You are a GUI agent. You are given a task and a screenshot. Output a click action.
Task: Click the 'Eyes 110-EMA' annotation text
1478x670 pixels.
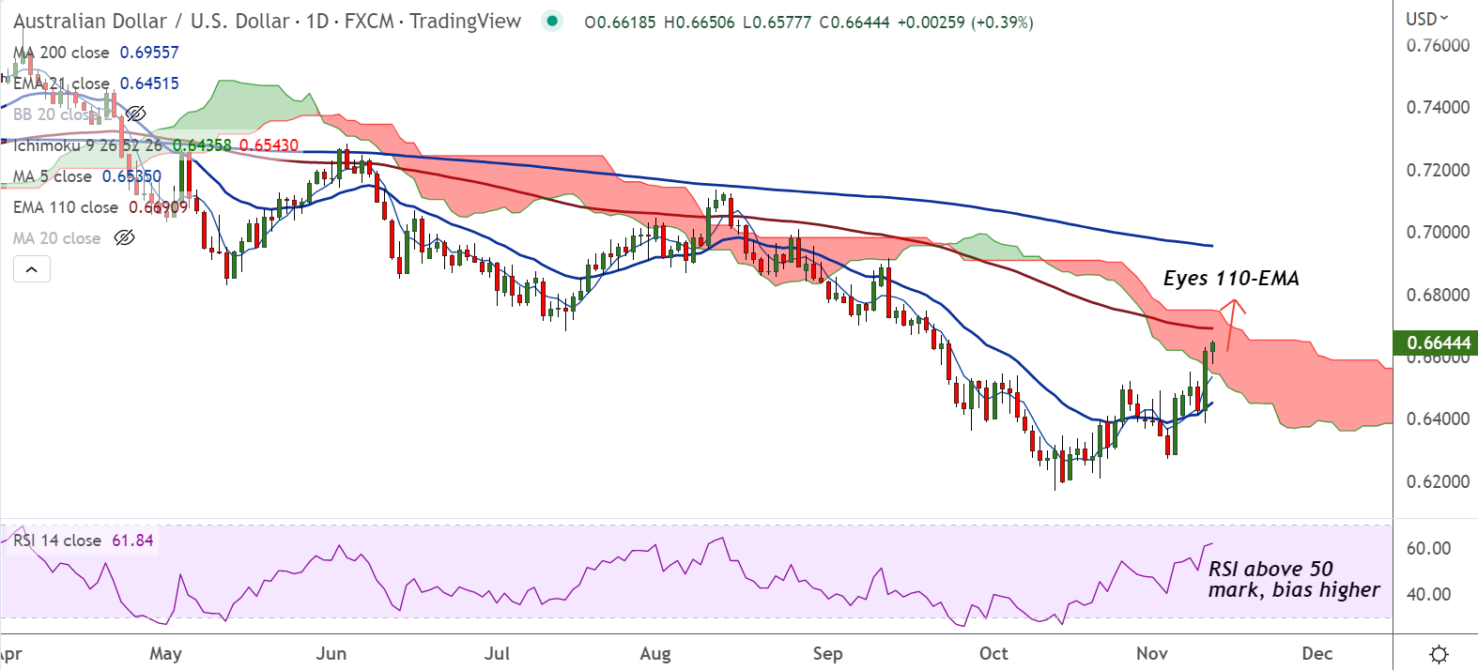[1231, 279]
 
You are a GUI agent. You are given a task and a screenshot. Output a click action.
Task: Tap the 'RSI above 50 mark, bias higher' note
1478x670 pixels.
[1293, 579]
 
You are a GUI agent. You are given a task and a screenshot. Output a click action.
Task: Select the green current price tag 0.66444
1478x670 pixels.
[1438, 343]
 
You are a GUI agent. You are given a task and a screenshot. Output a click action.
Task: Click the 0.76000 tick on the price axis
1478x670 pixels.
[1438, 45]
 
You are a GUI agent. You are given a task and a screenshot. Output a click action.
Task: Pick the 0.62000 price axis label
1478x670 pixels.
[1438, 481]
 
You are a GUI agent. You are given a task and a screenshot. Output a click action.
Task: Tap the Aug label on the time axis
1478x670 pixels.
[655, 653]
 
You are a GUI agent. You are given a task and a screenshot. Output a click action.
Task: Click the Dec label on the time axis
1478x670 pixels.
[1317, 653]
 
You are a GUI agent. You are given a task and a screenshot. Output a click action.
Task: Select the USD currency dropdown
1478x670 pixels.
[1426, 19]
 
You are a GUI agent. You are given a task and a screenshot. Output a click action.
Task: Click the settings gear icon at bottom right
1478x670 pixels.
[1438, 653]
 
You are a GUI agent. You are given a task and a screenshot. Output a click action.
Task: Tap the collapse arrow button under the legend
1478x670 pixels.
[32, 269]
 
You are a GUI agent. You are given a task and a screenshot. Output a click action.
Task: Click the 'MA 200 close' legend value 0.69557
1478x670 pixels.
[149, 53]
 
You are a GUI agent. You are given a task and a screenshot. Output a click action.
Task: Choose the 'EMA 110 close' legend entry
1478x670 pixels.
[66, 207]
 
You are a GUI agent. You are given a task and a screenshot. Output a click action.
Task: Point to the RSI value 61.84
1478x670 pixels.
[132, 541]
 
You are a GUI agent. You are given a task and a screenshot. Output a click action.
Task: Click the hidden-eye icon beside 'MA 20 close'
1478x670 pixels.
[124, 238]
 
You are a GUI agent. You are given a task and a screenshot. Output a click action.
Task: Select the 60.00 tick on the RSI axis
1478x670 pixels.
[1428, 548]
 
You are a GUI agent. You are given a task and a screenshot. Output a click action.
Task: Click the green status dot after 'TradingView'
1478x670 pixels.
[552, 21]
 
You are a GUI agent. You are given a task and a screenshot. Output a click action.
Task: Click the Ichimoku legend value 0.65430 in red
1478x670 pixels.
[269, 145]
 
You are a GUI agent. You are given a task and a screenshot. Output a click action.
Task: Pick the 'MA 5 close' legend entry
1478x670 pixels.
[53, 176]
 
